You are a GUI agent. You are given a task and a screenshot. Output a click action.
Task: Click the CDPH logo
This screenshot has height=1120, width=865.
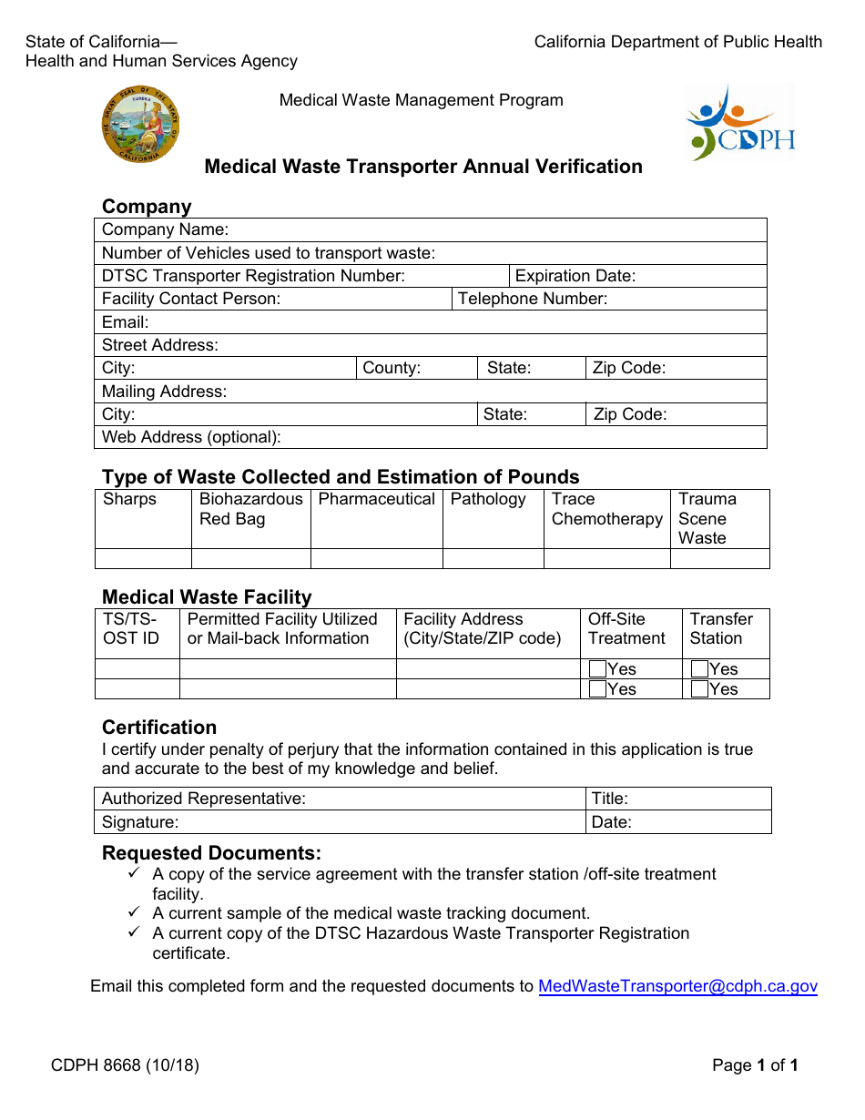739,124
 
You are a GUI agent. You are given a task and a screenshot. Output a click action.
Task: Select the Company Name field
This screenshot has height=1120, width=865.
492,230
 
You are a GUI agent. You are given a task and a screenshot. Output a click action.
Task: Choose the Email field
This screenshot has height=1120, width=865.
455,322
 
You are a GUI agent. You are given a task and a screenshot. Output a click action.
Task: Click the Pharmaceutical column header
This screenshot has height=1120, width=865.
376,499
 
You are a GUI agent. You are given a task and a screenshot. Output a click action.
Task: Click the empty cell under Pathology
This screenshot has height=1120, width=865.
493,559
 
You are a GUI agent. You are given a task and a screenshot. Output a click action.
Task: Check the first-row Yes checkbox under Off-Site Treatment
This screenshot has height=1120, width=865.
597,669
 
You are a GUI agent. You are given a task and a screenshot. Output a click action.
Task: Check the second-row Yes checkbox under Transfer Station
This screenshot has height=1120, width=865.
699,689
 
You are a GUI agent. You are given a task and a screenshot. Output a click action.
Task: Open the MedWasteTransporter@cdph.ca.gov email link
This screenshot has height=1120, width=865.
677,986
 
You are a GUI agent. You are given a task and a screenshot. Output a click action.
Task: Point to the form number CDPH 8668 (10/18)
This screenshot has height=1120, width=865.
112,1065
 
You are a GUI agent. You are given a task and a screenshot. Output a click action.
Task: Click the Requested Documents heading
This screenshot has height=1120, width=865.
211,853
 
